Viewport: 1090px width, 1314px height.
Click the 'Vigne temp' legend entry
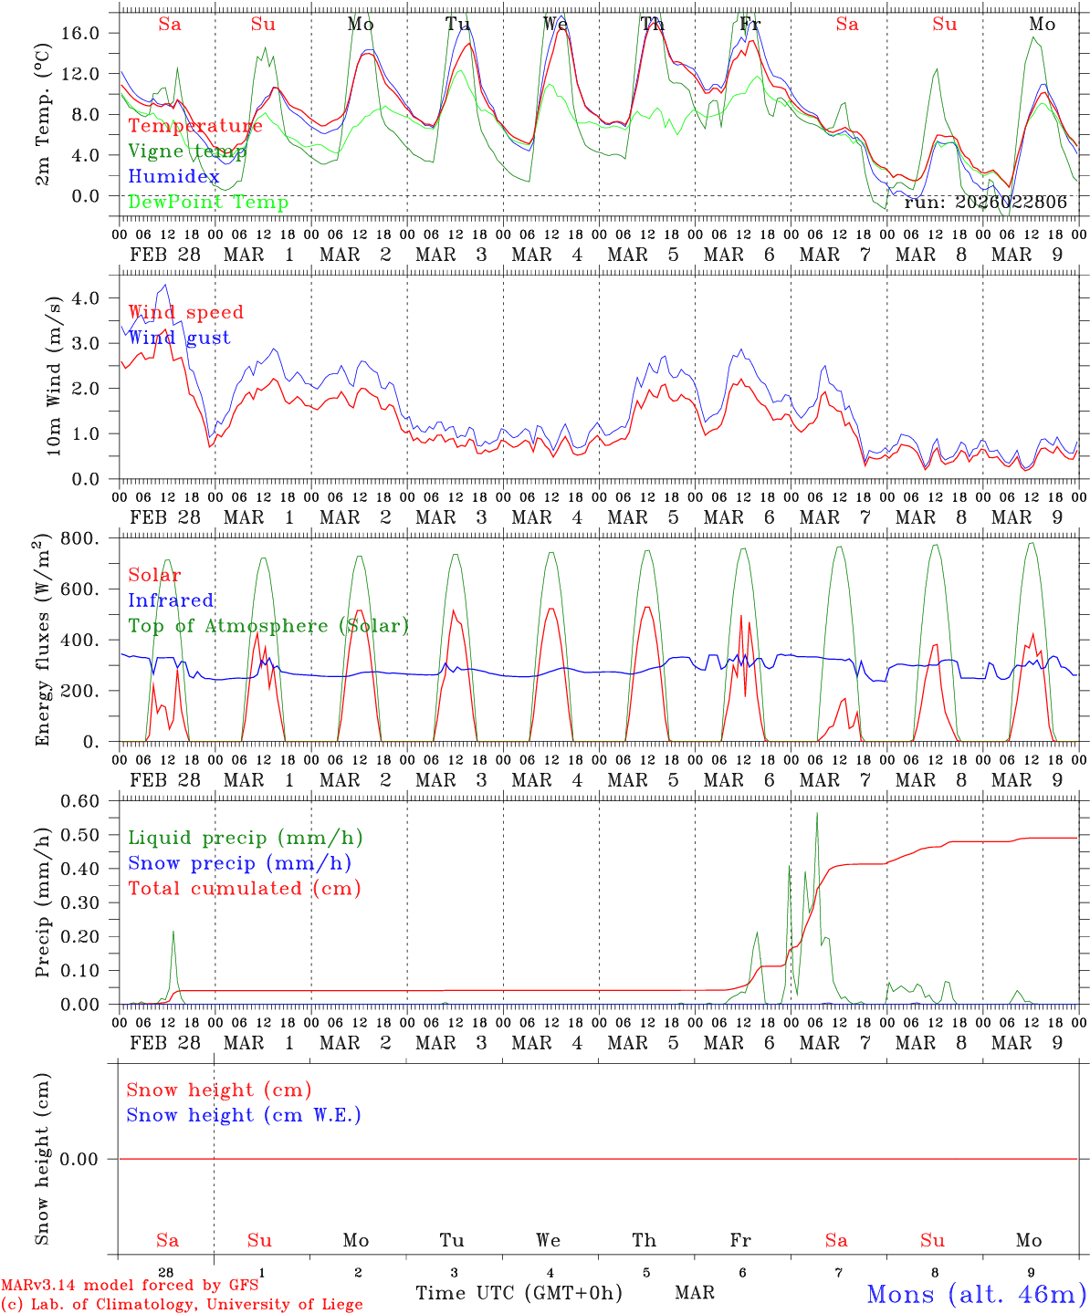click(x=187, y=151)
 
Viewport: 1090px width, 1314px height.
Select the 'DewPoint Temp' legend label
click(x=208, y=203)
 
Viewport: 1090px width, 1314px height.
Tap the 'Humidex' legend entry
click(x=173, y=177)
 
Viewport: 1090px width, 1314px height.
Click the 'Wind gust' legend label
click(x=179, y=338)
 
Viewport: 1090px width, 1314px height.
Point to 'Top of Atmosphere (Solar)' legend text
click(x=268, y=626)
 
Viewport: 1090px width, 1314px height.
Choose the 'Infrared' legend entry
click(x=171, y=600)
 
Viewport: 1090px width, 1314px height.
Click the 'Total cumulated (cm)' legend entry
click(x=244, y=889)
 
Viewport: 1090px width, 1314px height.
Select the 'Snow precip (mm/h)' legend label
click(x=239, y=863)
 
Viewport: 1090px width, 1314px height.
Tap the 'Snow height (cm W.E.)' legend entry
click(x=244, y=1115)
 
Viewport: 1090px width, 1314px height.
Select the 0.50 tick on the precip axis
click(x=90, y=835)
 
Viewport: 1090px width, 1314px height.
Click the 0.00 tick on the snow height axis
click(x=90, y=1159)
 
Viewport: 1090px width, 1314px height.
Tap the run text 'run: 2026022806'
click(x=985, y=203)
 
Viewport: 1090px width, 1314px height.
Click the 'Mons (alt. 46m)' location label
click(x=975, y=1294)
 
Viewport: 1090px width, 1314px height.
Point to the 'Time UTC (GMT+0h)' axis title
click(x=519, y=1293)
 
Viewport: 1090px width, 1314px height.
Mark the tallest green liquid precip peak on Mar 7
click(x=817, y=813)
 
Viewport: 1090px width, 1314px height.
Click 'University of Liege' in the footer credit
click(x=285, y=1305)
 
